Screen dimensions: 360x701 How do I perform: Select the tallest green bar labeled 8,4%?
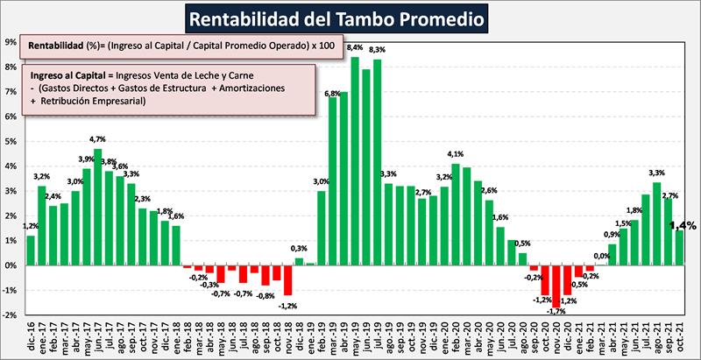point(355,161)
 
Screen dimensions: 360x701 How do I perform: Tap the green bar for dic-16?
point(32,250)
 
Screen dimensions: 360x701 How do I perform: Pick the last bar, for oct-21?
point(679,247)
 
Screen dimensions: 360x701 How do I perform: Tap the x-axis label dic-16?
point(32,335)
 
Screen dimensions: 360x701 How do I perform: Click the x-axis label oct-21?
point(679,335)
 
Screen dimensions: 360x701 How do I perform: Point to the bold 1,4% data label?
point(683,225)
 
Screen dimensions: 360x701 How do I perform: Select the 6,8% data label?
point(332,93)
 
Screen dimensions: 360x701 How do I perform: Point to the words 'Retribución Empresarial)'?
point(91,102)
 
